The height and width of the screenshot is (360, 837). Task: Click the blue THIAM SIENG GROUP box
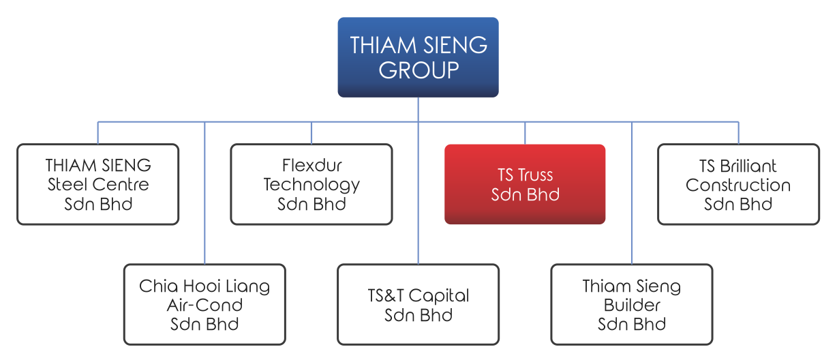pyautogui.click(x=418, y=57)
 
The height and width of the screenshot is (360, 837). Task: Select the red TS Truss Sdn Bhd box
pyautogui.click(x=525, y=184)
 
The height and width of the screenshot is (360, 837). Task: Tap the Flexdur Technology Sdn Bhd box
pyautogui.click(x=311, y=184)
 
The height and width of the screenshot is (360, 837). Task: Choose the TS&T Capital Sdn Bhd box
pyautogui.click(x=418, y=305)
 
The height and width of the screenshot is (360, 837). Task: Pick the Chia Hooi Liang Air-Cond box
pyautogui.click(x=204, y=305)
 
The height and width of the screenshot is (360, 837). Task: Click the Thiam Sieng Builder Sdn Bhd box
pyautogui.click(x=632, y=305)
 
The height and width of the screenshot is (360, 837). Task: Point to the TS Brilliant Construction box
pyautogui.click(x=738, y=184)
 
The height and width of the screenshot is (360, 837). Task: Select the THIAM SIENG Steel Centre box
pyautogui.click(x=98, y=184)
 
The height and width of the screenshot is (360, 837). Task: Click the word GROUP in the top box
pyautogui.click(x=418, y=70)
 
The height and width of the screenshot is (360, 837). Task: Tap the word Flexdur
pyautogui.click(x=311, y=166)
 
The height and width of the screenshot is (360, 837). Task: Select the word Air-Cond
pyautogui.click(x=204, y=305)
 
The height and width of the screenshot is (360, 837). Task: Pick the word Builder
pyautogui.click(x=632, y=305)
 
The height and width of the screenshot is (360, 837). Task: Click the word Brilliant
pyautogui.click(x=748, y=166)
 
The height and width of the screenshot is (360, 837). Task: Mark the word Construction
pyautogui.click(x=738, y=185)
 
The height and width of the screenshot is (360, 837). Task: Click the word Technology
pyautogui.click(x=311, y=185)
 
